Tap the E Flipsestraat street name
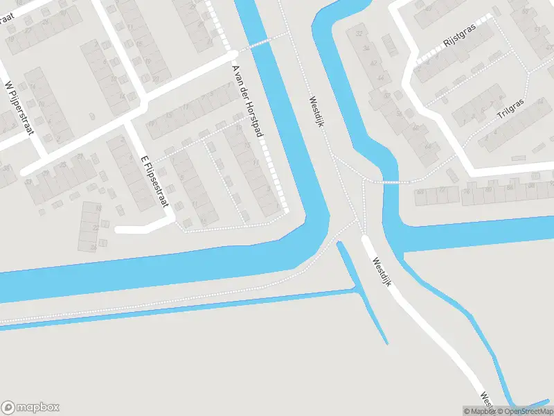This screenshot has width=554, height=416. [154, 180]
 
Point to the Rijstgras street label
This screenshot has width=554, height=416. [457, 40]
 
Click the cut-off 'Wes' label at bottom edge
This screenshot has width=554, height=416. [486, 401]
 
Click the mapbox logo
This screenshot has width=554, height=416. [30, 408]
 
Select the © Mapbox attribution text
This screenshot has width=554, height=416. [480, 411]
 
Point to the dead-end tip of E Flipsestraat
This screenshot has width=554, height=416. [118, 229]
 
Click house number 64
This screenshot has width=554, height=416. [427, 146]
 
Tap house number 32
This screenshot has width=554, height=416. [359, 33]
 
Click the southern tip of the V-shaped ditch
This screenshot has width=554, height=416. [386, 342]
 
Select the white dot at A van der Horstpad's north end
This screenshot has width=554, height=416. [234, 53]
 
